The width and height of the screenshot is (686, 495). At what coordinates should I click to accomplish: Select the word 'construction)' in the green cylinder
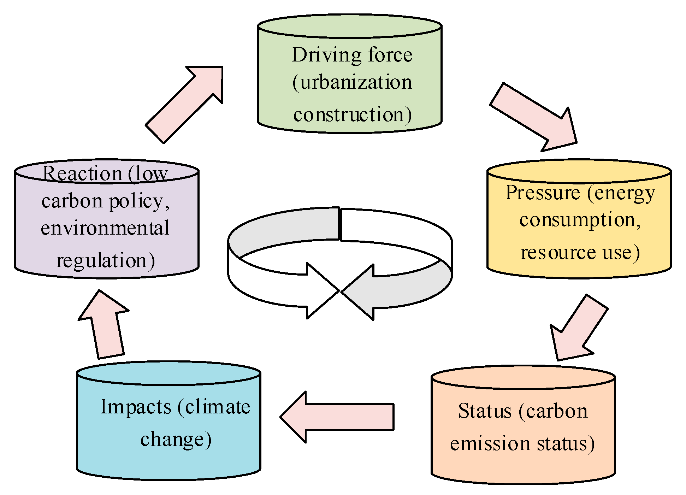click(x=352, y=115)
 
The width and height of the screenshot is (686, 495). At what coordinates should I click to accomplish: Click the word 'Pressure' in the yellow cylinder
click(x=543, y=193)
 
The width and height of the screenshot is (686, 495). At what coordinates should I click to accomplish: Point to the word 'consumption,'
click(x=580, y=220)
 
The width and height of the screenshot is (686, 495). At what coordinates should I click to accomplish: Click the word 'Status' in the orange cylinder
click(x=485, y=411)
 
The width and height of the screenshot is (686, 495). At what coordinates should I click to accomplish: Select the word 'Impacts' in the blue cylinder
click(x=136, y=407)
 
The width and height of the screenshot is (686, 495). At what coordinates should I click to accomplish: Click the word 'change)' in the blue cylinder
click(x=176, y=440)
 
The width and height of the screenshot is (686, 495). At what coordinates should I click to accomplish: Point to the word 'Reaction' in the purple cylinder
click(x=82, y=173)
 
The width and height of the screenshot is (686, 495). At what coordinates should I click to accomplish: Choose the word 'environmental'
click(x=105, y=228)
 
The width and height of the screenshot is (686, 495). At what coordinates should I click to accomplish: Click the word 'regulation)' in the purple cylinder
click(x=105, y=261)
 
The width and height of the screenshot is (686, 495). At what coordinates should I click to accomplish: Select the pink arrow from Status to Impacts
click(x=337, y=417)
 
